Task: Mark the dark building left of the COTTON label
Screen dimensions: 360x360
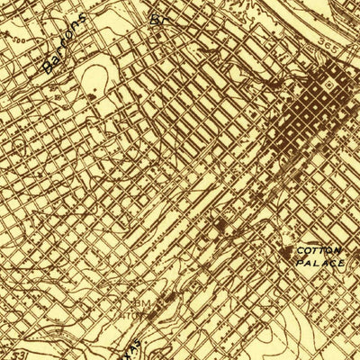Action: coord(290,255)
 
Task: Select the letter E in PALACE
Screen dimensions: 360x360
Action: coord(343,262)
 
